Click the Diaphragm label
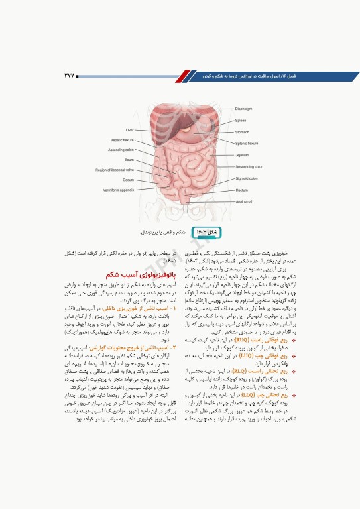point(244,108)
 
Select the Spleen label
point(241,120)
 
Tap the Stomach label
point(242,132)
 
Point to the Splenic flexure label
point(247,143)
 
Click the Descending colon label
point(249,167)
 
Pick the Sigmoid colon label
point(247,178)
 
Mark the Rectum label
point(241,190)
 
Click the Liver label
point(130,130)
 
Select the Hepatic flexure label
point(122,140)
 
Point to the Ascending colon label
point(121,150)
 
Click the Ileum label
point(129,160)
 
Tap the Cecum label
point(128,180)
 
